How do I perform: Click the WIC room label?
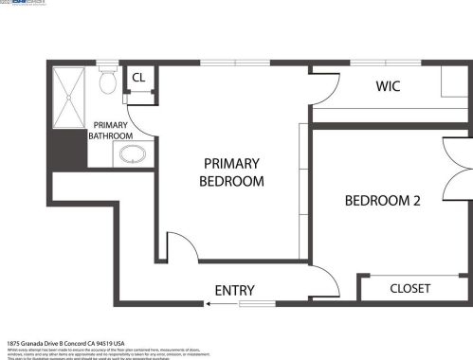click(x=388, y=86)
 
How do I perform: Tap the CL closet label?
click(x=137, y=78)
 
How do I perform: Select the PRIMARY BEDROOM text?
click(x=231, y=171)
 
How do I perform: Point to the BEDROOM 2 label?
click(x=382, y=201)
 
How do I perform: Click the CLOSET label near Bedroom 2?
click(x=409, y=288)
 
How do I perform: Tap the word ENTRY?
click(x=235, y=290)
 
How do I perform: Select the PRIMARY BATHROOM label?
click(x=110, y=130)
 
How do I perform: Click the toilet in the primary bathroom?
click(x=107, y=82)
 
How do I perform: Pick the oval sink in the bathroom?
click(x=132, y=155)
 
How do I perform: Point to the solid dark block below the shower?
click(x=68, y=149)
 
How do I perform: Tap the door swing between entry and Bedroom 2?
click(x=324, y=280)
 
